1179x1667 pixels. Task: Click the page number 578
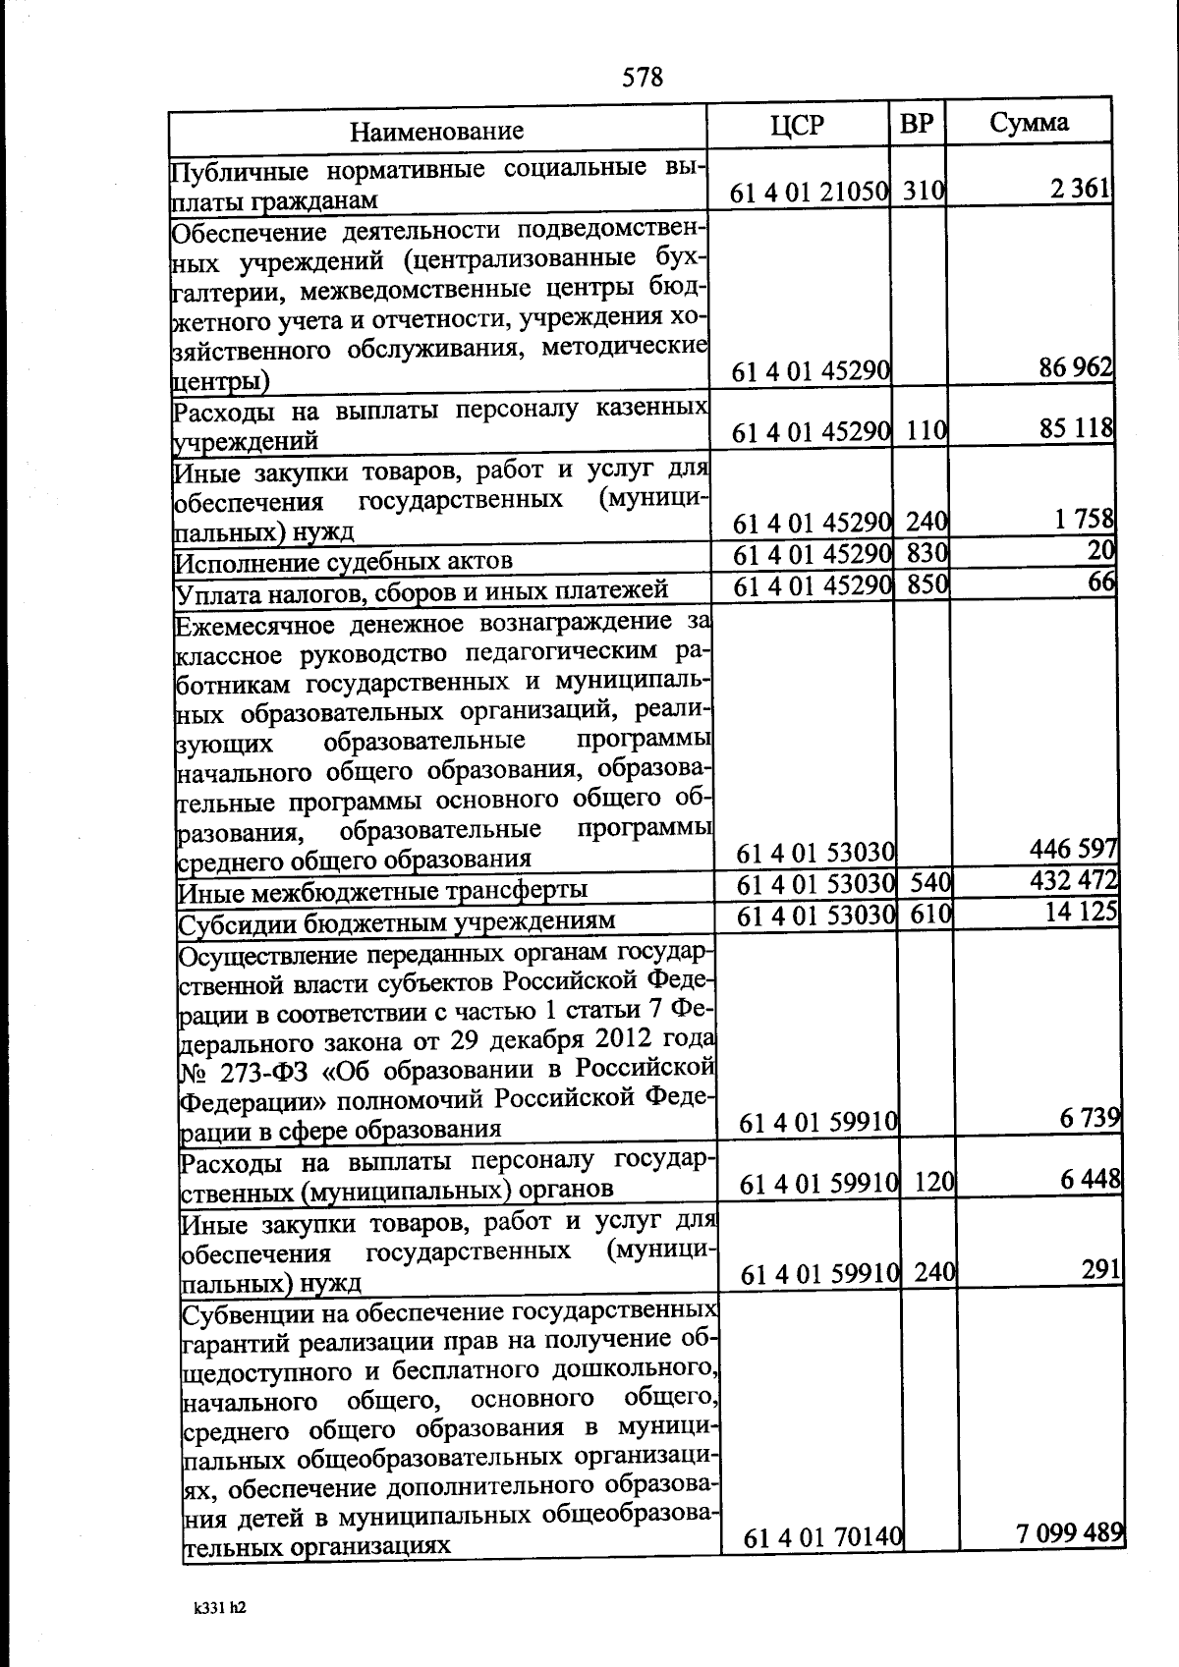pos(643,77)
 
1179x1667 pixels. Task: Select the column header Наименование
pos(437,131)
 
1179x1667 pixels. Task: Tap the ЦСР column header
pos(797,125)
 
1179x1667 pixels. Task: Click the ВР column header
pos(917,124)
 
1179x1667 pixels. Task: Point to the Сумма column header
pos(1029,123)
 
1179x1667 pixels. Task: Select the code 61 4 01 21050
pos(810,193)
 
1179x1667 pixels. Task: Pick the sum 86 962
pos(1076,368)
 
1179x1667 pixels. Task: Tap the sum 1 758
pos(1085,519)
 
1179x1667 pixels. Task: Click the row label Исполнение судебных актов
pos(344,562)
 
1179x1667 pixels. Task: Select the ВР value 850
pos(926,584)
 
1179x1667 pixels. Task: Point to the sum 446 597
pos(1073,848)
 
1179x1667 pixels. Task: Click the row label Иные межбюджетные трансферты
pos(383,891)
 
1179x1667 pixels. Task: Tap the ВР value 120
pos(934,1183)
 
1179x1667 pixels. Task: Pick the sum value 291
pos(1101,1270)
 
